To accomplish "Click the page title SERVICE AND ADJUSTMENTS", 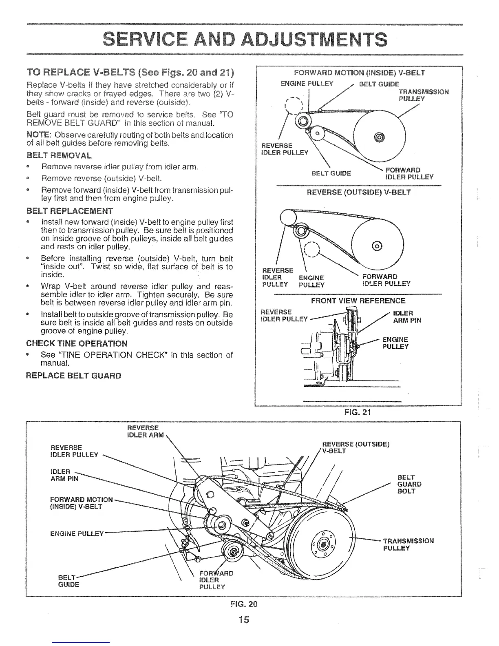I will coord(244,40).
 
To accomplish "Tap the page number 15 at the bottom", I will coord(243,620).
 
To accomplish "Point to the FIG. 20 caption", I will coord(244,603).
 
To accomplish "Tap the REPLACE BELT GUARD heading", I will coord(73,375).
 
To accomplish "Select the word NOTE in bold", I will coord(38,135).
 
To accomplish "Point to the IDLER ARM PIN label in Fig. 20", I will coord(64,476).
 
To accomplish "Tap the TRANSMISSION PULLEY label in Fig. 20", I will coord(408,544).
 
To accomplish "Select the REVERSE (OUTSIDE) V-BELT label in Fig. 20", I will coord(355,447).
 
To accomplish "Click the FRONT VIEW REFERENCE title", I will coord(358,301).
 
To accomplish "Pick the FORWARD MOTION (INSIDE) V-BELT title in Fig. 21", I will coord(359,73).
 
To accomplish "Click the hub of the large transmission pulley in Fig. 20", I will coord(324,544).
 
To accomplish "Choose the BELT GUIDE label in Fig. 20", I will coord(68,581).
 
